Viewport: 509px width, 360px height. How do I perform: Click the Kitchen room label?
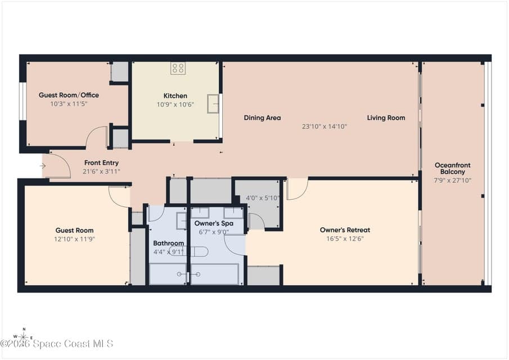(x=175, y=96)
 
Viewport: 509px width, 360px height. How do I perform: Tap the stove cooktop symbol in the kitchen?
(x=178, y=68)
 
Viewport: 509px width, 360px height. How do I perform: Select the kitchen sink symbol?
(x=213, y=104)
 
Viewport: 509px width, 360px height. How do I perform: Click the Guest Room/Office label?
(x=69, y=95)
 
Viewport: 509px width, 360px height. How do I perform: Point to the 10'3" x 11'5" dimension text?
(x=69, y=104)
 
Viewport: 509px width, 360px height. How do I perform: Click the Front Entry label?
(x=101, y=163)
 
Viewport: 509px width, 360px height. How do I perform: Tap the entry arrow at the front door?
(x=43, y=166)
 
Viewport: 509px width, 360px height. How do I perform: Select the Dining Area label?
(x=262, y=118)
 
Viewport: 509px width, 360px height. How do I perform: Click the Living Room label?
(x=386, y=118)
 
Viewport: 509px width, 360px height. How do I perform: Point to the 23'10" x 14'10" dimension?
(x=325, y=126)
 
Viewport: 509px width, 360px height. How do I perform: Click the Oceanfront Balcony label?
(x=453, y=168)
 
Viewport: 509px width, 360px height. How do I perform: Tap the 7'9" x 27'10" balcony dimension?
(x=453, y=181)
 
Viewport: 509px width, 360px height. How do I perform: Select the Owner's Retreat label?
(x=345, y=230)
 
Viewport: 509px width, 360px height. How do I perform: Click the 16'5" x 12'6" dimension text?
(x=345, y=238)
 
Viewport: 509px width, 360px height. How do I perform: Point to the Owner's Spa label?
(x=214, y=223)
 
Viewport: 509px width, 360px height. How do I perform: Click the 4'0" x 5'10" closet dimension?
(x=262, y=198)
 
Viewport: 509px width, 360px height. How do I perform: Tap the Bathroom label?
(x=169, y=243)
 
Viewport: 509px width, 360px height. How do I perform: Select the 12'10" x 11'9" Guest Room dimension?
(x=74, y=239)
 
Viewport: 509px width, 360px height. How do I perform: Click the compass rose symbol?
(x=24, y=336)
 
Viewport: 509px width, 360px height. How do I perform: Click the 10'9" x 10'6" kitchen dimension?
(x=175, y=105)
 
